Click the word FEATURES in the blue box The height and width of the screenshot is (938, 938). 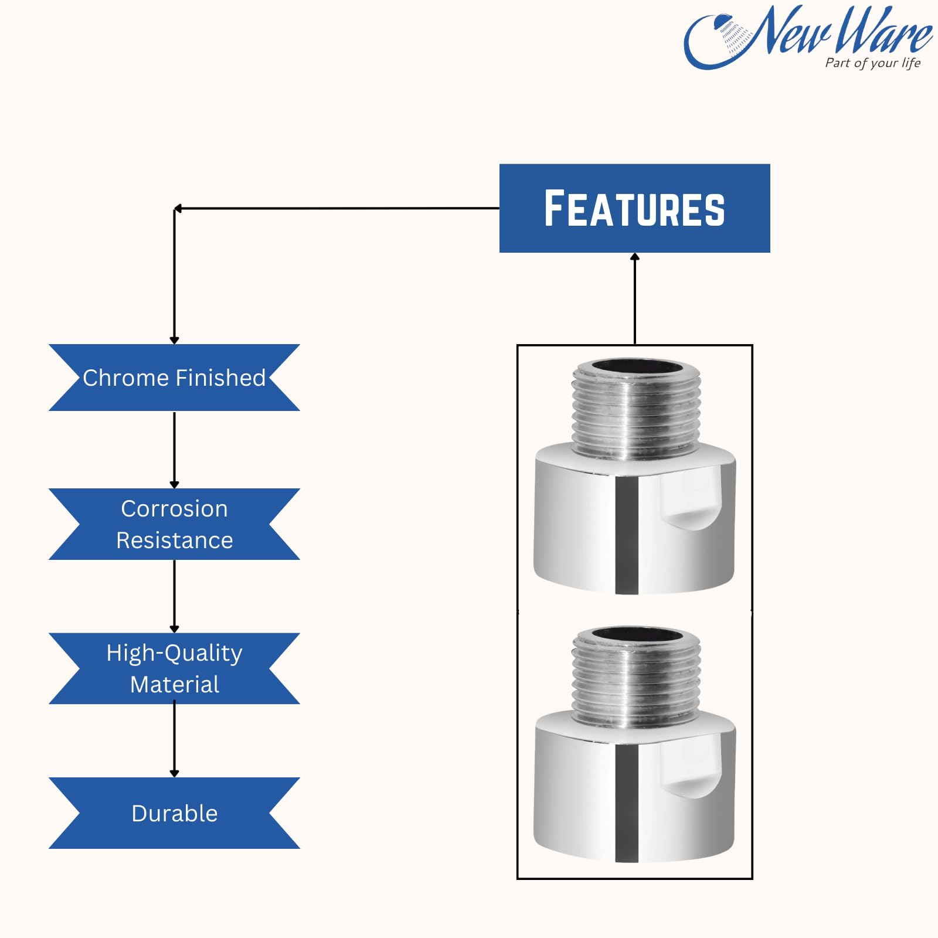[634, 209]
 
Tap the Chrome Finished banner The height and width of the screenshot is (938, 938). [174, 378]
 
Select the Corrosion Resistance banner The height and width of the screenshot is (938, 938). [174, 524]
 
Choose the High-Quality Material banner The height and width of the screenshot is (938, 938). [174, 668]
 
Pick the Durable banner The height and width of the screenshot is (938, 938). [174, 813]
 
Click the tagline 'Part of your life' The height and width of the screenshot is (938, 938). [872, 63]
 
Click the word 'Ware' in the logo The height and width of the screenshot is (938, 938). [882, 30]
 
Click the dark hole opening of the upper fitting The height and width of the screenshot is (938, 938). [637, 368]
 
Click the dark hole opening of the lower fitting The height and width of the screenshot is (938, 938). [637, 634]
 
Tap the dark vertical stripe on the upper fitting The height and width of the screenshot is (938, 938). [627, 533]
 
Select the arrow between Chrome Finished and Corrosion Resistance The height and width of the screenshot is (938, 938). [174, 449]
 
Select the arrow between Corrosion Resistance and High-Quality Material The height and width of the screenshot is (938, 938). [174, 595]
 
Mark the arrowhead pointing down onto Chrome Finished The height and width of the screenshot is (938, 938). [174, 340]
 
